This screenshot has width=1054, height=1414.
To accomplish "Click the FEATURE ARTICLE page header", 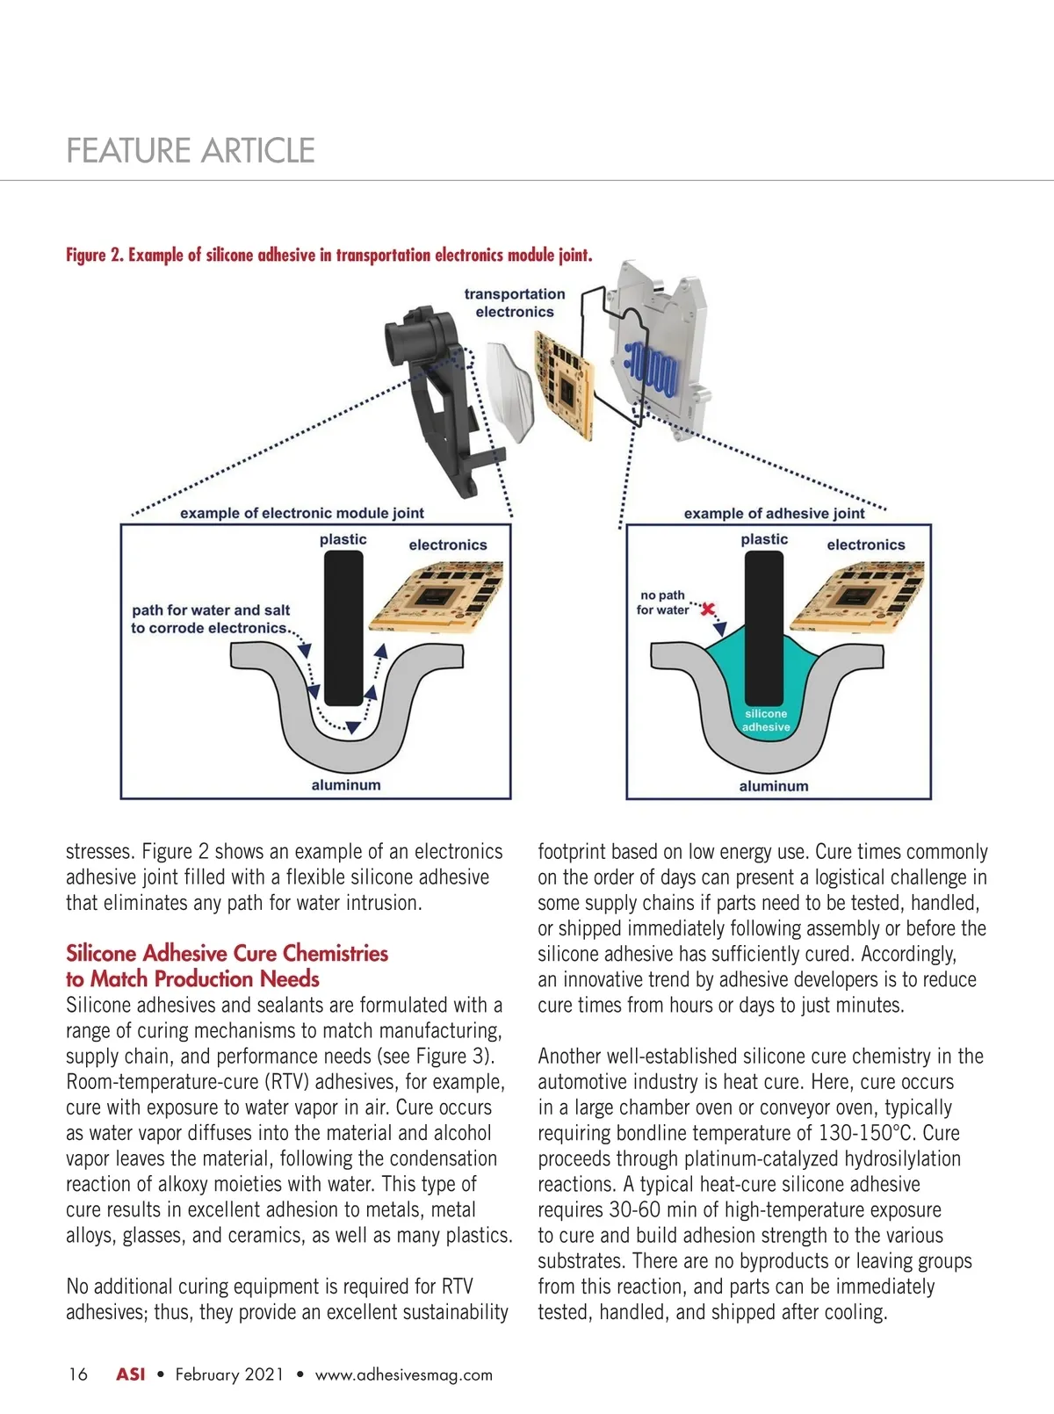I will [x=191, y=150].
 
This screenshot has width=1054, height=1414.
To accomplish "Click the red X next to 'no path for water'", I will [x=708, y=609].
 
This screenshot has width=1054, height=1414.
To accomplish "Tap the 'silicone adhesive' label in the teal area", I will [x=766, y=720].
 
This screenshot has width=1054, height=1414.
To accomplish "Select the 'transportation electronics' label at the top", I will [x=515, y=303].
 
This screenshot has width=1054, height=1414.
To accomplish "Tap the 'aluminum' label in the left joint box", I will [x=346, y=785].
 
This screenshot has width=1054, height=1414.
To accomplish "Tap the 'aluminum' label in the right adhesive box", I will [x=774, y=786].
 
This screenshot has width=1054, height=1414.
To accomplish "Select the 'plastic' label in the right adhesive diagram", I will [x=764, y=539].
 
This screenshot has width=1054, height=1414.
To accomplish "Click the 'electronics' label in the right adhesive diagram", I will [x=865, y=545].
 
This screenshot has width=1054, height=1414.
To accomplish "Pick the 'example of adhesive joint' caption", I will [x=774, y=514].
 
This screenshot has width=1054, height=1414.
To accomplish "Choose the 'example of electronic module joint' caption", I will [x=302, y=513].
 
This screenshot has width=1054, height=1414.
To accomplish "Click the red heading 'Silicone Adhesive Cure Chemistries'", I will [x=227, y=954].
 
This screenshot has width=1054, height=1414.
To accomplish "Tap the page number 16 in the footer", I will [x=78, y=1374].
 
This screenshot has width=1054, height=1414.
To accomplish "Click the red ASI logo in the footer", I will [x=131, y=1374].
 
